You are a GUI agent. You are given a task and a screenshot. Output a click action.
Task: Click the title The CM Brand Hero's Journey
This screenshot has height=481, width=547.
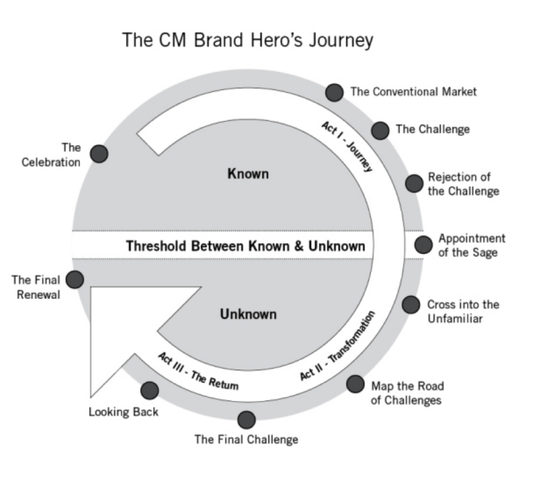pos(247,40)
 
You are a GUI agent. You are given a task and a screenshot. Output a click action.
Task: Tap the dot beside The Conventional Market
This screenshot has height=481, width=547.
pos(334,92)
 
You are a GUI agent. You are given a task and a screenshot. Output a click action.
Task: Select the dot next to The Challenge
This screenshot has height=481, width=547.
pos(380,130)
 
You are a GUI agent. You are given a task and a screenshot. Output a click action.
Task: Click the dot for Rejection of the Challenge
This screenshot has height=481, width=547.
pos(414,183)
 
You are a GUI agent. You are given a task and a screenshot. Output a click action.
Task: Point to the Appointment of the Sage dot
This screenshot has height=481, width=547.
pos(423,245)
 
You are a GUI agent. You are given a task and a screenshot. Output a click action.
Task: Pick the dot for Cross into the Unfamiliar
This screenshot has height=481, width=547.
pos(411,305)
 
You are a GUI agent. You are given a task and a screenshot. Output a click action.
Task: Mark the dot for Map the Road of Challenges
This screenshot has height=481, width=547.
pos(355,384)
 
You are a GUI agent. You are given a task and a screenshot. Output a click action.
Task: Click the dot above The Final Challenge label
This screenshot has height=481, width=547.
pos(246,420)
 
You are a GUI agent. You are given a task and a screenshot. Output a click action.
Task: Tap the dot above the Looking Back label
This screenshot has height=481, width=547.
pos(150,390)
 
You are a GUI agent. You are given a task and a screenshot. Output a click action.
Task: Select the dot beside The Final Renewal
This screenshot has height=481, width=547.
pos(75,280)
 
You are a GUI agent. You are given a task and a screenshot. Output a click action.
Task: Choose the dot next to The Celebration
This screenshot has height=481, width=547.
pos(99,154)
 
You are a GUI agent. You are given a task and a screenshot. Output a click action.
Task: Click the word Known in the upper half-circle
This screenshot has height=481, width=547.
pos(248,174)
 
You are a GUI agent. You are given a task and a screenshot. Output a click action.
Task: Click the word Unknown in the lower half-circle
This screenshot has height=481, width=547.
pos(248,314)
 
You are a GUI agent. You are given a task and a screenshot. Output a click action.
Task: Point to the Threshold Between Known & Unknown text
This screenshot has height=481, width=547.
pos(245,246)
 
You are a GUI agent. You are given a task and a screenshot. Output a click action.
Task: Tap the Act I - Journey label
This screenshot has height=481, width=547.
pos(348,146)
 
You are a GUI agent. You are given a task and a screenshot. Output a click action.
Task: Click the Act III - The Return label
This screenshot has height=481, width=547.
pos(198,371)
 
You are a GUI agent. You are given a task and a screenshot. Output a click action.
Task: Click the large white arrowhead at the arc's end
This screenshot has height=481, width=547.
pos(128,334)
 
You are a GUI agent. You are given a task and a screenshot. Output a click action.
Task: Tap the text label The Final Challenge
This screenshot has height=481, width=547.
pos(246,439)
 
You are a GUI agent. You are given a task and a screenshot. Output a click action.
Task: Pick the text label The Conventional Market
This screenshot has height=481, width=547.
pos(413,92)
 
